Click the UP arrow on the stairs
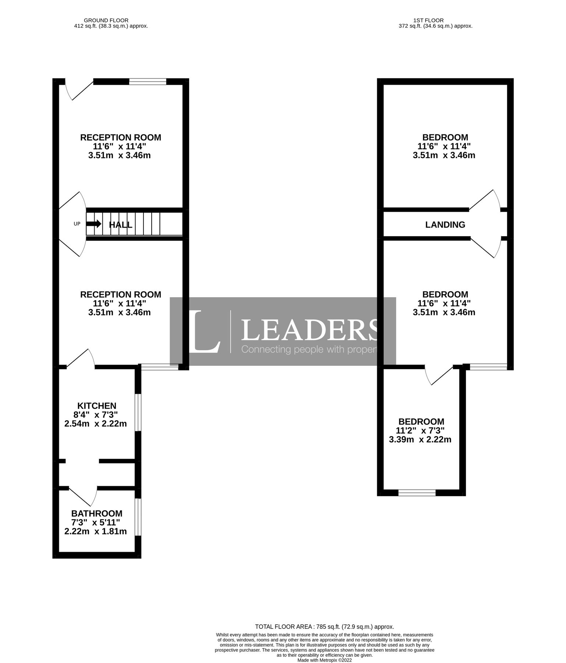[93, 224]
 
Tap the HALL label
[121, 225]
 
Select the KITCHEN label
[97, 406]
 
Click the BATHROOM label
[97, 513]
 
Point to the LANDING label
[445, 225]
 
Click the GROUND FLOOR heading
[106, 20]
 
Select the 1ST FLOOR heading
[428, 20]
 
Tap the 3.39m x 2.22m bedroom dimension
[420, 439]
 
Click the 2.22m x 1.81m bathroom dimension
[95, 531]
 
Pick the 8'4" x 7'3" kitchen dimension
[95, 415]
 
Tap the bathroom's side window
[138, 517]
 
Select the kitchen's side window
[138, 413]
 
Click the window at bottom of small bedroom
[417, 492]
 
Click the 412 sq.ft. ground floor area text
[111, 26]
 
